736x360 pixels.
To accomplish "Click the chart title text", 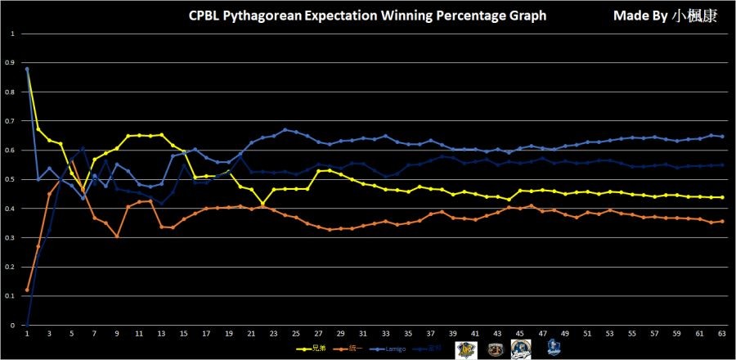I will point(367,16).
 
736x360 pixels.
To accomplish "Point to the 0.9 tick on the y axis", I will point(11,63).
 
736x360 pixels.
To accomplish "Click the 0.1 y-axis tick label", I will point(11,296).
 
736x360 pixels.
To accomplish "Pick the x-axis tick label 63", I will point(721,334).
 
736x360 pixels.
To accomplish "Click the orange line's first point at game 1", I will point(28,290).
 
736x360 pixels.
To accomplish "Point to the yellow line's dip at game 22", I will point(263,203).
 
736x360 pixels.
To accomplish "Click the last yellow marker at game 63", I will point(721,197).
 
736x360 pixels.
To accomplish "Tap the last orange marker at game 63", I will point(721,222).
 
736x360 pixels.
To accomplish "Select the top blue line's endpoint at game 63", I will point(721,137).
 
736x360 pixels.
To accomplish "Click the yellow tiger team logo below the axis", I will point(465,348).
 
